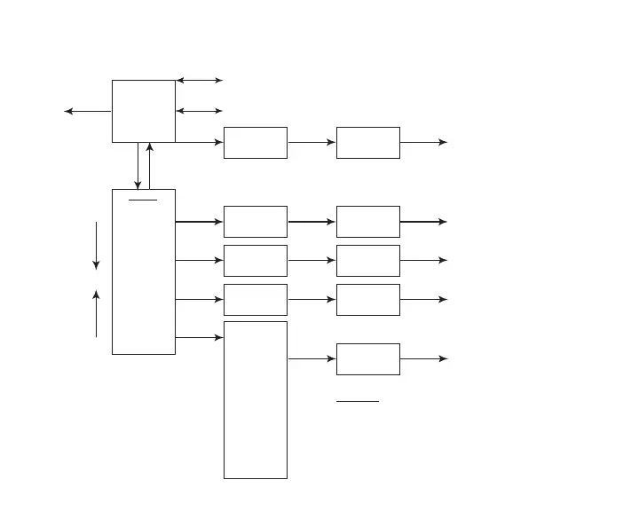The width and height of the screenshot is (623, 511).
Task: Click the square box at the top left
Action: (143, 111)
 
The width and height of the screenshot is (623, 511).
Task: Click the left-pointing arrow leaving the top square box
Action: (88, 111)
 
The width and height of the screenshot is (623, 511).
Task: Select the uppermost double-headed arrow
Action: (200, 80)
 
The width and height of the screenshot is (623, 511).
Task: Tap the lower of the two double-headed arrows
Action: (200, 111)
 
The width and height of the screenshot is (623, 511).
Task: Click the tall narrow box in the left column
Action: (143, 271)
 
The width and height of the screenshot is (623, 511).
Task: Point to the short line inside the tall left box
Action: (143, 200)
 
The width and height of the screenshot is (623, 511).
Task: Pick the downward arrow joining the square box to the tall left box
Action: (138, 166)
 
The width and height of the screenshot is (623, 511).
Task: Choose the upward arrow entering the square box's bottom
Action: (149, 166)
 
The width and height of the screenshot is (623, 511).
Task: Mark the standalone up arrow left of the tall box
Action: (96, 313)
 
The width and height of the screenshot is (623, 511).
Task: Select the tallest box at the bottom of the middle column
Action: (256, 400)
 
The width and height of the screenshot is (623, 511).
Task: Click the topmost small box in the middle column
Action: (256, 142)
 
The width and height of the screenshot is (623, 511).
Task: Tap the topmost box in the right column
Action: (368, 142)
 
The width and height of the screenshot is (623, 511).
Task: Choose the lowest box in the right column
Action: (368, 359)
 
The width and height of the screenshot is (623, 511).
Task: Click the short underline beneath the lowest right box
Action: (358, 401)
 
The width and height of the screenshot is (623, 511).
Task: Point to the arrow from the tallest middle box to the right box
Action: (311, 359)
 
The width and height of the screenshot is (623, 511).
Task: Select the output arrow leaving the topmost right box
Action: (423, 142)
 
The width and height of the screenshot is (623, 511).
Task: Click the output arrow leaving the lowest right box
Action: (423, 359)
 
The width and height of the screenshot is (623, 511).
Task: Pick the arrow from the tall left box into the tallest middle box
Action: (200, 337)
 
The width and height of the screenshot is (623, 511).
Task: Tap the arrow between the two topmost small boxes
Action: (311, 142)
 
